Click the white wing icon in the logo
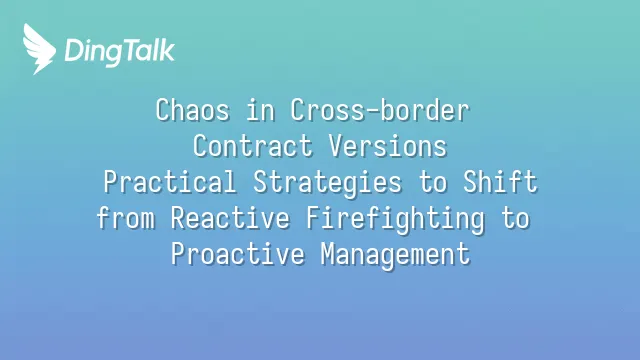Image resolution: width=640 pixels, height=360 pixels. tap(39, 49)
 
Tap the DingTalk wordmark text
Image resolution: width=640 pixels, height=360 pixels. tap(120, 52)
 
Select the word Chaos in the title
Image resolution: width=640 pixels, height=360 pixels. tap(193, 110)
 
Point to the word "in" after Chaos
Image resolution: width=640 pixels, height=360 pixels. tap(260, 110)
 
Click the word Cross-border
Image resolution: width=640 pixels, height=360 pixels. tap(380, 110)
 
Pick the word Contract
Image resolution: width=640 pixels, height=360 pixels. tap(253, 146)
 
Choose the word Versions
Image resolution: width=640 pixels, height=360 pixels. tap(388, 146)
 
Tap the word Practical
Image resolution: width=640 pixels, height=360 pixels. tap(170, 182)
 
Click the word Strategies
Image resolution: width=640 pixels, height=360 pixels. tap(327, 183)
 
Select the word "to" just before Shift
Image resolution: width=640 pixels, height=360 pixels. tap(433, 182)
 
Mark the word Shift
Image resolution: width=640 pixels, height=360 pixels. tap(500, 182)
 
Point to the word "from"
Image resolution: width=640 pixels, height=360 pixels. tap(126, 218)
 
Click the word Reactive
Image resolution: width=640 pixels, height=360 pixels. tap(230, 218)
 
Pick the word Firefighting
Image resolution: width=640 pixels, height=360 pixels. tap(396, 219)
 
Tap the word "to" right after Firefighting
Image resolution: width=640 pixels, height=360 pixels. tap(516, 218)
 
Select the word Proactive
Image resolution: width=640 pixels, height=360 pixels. tap(238, 253)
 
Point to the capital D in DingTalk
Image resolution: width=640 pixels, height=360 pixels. tap(74, 50)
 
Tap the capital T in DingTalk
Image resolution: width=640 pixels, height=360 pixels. tap(128, 50)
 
